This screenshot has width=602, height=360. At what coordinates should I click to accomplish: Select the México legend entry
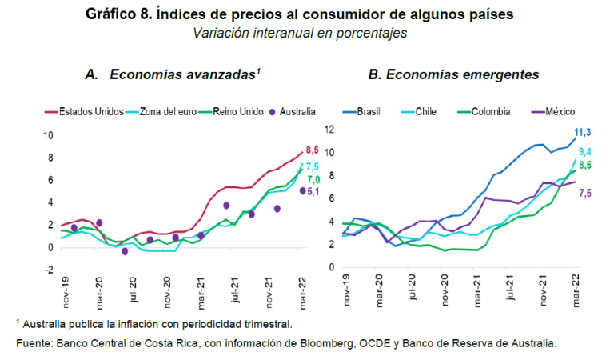pyautogui.click(x=550, y=112)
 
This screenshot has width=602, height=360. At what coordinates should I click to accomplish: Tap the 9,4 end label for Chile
pyautogui.click(x=584, y=151)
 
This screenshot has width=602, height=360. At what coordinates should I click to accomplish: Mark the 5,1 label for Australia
pyautogui.click(x=314, y=192)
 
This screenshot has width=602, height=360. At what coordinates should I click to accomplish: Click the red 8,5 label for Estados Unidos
pyautogui.click(x=313, y=149)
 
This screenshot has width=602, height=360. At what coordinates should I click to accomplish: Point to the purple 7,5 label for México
pyautogui.click(x=584, y=193)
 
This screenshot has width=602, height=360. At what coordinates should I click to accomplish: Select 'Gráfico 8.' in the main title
pyautogui.click(x=125, y=14)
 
